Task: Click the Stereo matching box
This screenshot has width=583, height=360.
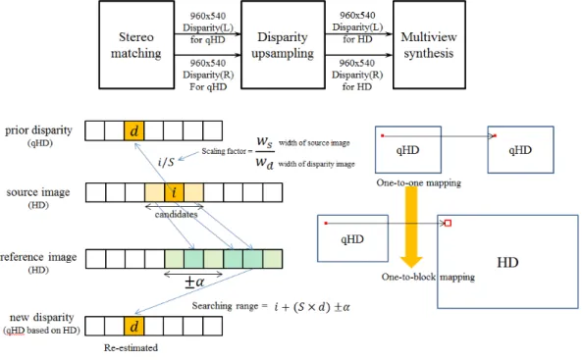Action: pos(136,45)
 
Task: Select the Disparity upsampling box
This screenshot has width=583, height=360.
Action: pos(283,45)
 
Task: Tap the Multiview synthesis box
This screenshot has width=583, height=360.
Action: pos(429,45)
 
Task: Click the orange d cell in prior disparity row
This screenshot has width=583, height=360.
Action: pos(133,130)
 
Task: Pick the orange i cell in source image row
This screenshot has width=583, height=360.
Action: pos(174,192)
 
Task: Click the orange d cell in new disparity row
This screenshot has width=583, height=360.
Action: pos(133,326)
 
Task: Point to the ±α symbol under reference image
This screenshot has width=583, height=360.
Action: pos(194,282)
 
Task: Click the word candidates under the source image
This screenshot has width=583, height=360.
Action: pos(177,215)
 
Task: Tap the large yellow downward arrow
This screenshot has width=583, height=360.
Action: pos(411,227)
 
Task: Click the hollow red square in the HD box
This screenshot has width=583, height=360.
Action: pos(448,223)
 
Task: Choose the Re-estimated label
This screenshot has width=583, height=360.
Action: pos(131,348)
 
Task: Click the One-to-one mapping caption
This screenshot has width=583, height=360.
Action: pos(419,182)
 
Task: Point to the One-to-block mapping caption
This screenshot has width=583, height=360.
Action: pos(428,277)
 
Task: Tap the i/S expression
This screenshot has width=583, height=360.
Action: pos(166,162)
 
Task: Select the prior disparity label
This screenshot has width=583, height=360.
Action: pos(38,130)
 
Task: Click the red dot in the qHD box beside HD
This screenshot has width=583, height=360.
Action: pos(326,223)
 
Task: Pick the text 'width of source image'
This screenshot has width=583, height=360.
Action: pos(314,142)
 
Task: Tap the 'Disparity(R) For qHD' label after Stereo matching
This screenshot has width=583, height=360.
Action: pos(208,76)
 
